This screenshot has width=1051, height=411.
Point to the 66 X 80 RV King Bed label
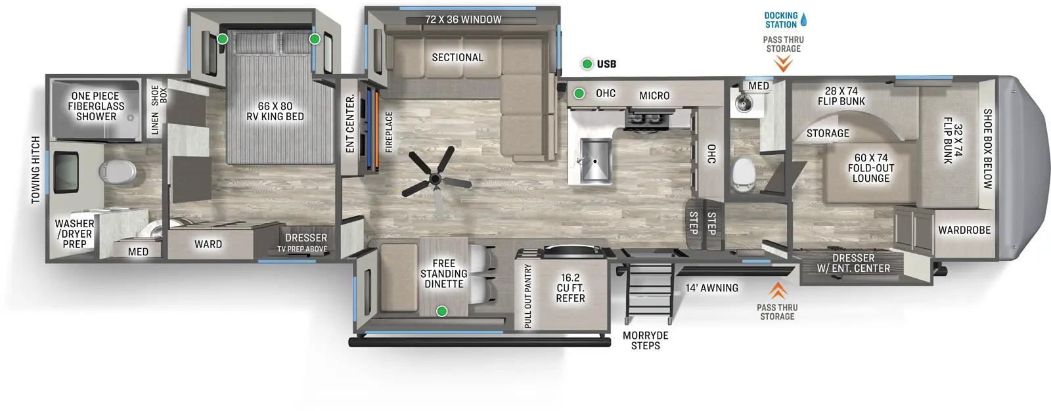(275, 111)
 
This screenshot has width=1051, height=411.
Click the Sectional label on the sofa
(457, 57)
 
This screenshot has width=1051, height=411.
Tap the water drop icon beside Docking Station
(803, 20)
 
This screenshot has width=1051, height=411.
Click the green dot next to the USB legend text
(587, 64)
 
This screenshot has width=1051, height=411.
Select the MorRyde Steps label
(645, 340)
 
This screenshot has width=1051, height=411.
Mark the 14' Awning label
(711, 288)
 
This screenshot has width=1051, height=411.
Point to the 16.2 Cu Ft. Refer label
(570, 288)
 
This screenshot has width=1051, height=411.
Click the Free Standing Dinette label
(443, 274)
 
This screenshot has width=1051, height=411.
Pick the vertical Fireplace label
(389, 132)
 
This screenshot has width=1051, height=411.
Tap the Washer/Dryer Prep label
(74, 234)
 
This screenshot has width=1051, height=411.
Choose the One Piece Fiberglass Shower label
(95, 106)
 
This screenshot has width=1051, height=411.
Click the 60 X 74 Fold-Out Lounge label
(870, 168)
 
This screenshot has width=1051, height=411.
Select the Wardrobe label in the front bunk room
(964, 230)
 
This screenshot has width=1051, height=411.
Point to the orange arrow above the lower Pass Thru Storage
(778, 290)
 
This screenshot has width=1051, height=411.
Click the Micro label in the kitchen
(654, 96)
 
